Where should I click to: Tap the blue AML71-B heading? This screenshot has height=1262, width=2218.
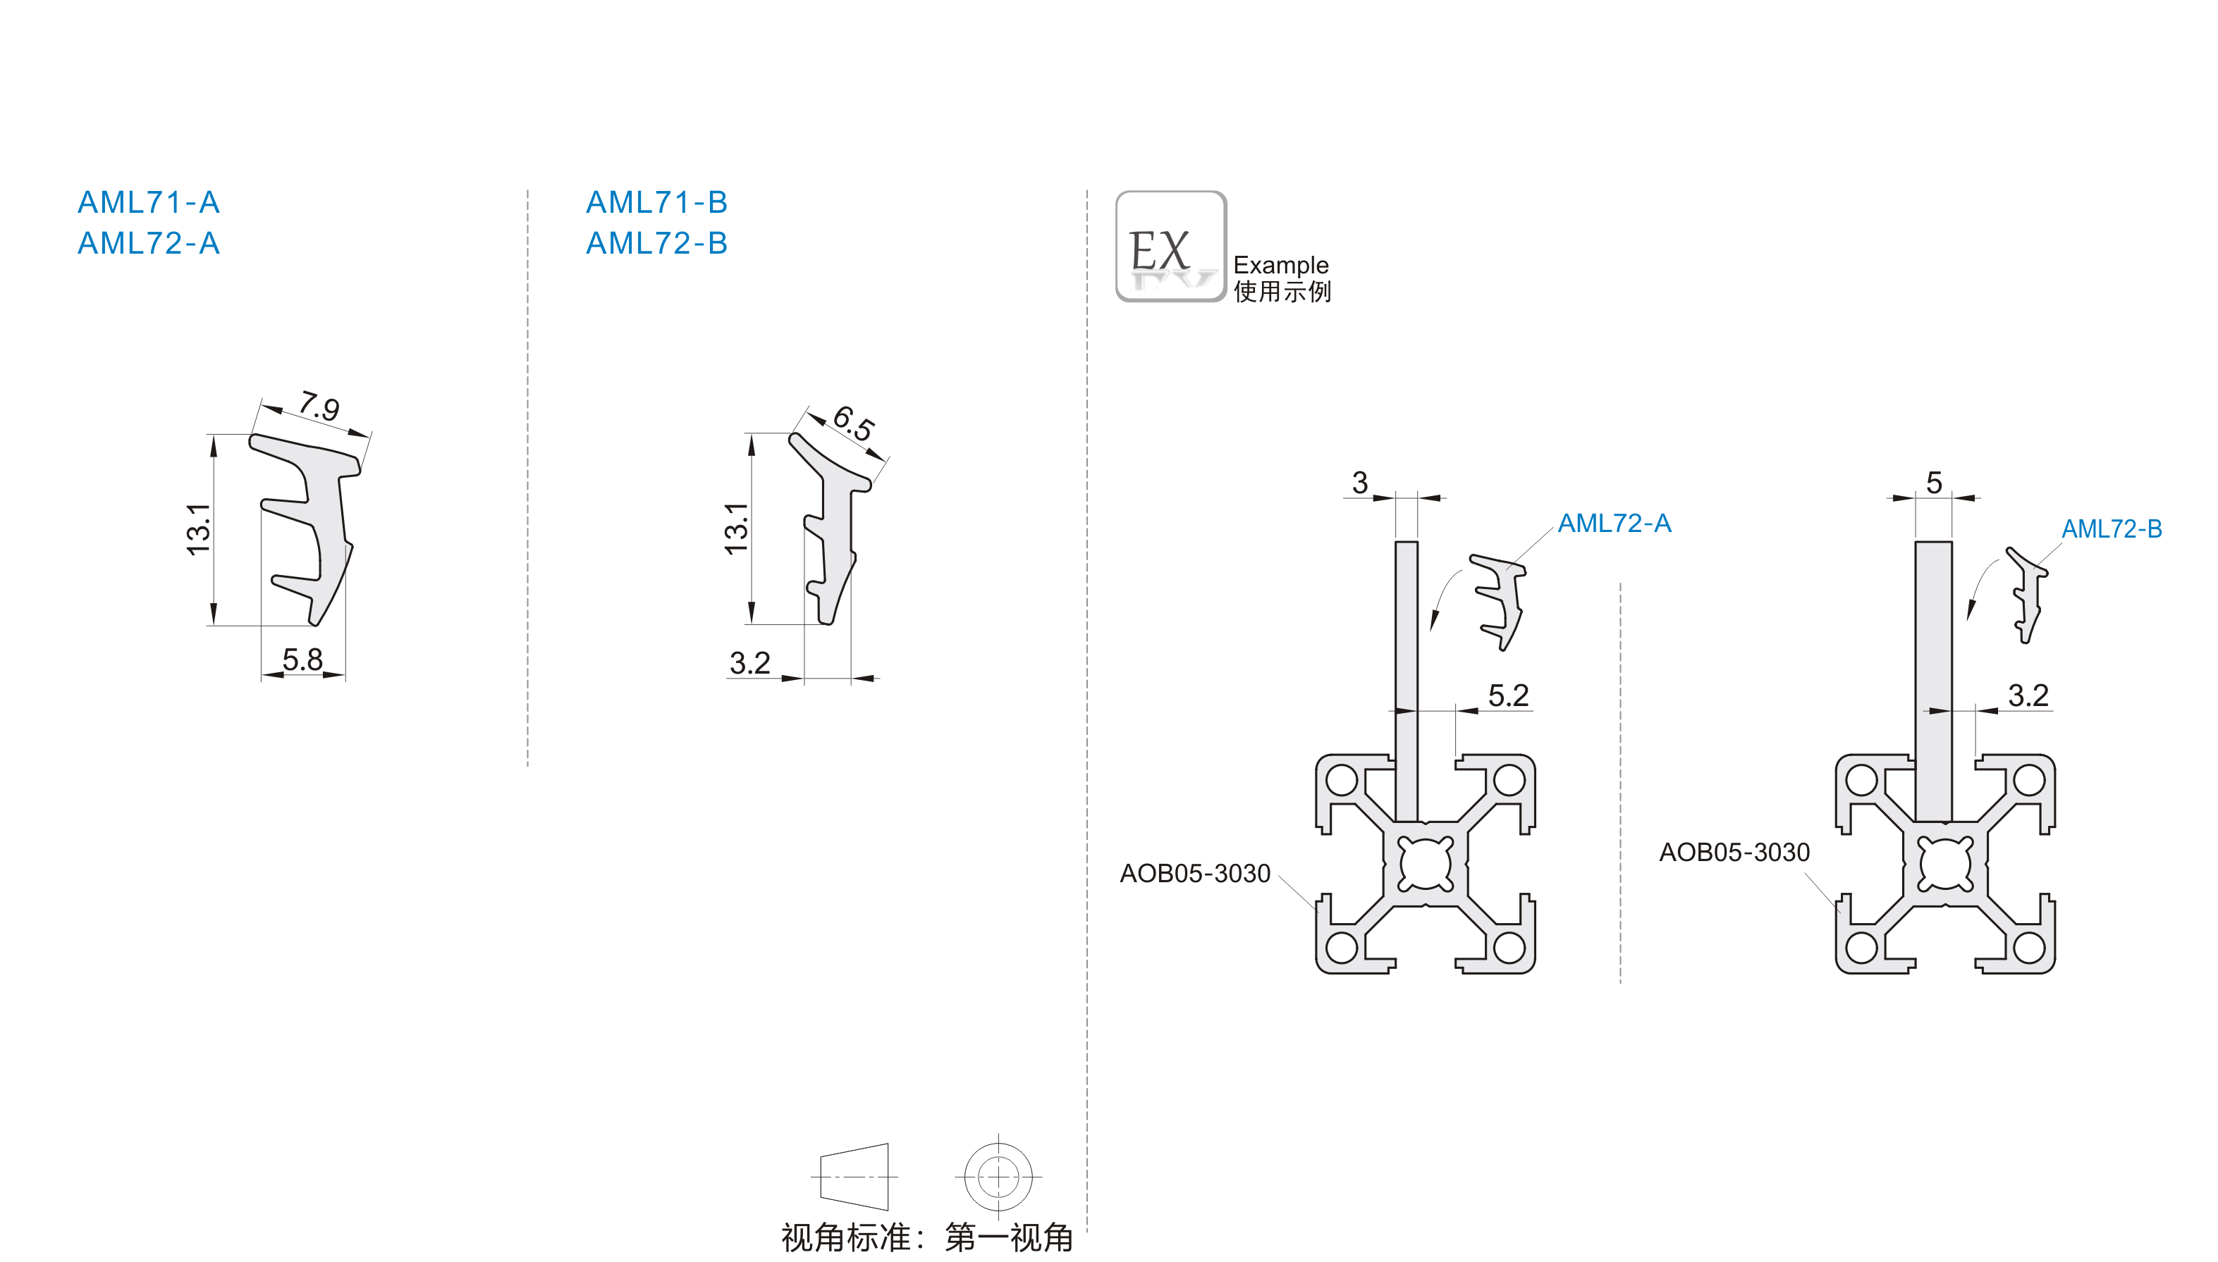656,202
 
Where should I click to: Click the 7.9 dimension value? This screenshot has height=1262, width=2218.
319,406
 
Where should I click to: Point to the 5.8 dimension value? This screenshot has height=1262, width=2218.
302,660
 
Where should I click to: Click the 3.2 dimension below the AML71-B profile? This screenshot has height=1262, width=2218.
750,663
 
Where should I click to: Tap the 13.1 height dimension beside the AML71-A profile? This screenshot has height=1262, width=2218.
199,528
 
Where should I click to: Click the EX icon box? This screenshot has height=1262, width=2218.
1170,246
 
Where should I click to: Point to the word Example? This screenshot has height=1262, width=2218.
1281,264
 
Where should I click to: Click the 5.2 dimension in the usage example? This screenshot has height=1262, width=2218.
1508,695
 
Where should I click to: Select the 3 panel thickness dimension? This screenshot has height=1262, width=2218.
1359,483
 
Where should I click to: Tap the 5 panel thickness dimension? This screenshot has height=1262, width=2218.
1934,483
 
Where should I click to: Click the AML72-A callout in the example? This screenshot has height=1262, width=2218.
1615,523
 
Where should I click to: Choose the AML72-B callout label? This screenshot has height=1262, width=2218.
2112,528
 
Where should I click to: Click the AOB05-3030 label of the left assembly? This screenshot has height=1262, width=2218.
1195,873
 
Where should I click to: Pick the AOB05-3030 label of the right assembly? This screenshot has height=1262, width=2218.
1734,852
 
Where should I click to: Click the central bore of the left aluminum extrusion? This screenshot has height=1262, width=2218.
1426,863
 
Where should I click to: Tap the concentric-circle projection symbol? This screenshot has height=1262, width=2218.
998,1177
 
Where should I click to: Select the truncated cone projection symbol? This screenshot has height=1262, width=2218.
854,1177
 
